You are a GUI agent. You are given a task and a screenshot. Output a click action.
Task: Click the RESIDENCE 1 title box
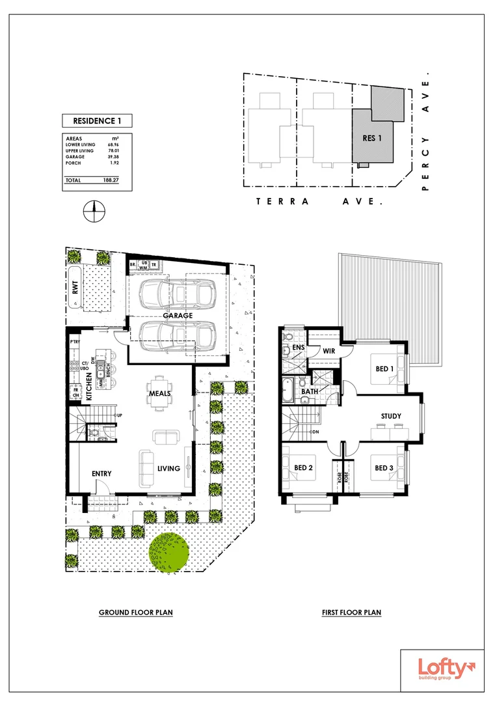[x=96, y=120]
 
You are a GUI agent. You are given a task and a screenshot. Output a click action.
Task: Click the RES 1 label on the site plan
[x=372, y=138]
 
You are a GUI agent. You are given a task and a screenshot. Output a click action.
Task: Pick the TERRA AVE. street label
[x=319, y=202]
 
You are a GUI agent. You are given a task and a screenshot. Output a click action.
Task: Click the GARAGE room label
[x=177, y=315]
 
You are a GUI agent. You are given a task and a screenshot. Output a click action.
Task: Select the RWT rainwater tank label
[x=75, y=287]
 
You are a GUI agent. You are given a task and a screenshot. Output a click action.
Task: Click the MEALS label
[x=159, y=393]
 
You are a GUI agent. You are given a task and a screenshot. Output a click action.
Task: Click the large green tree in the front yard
[x=168, y=552]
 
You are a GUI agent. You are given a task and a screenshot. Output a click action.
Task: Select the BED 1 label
[x=385, y=370]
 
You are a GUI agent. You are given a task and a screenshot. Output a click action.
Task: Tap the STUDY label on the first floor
[x=391, y=416]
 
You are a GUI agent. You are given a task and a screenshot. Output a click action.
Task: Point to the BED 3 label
[x=383, y=467]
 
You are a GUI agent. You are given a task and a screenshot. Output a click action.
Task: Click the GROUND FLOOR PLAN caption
[x=135, y=613]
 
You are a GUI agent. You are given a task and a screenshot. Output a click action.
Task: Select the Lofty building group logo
[x=442, y=670]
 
